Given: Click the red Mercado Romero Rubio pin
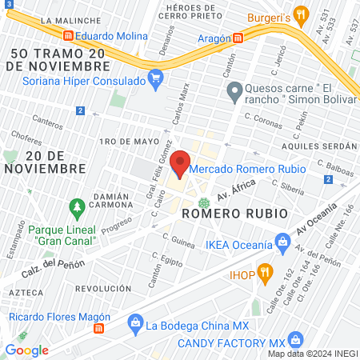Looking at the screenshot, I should click(179, 163).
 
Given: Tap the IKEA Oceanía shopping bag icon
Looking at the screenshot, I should click(282, 240).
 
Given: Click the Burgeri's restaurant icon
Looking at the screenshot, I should click(301, 14).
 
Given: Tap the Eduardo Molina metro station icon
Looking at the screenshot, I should click(69, 36).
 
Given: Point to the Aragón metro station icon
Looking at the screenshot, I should click(238, 38).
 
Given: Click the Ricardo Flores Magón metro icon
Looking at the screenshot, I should click(98, 328).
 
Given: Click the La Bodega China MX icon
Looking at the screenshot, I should click(134, 324).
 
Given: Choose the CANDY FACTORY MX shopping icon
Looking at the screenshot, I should click(296, 339).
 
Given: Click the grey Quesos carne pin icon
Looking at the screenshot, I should click(234, 94).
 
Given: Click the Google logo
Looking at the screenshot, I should click(26, 350).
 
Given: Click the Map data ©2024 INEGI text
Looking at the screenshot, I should click(310, 353).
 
